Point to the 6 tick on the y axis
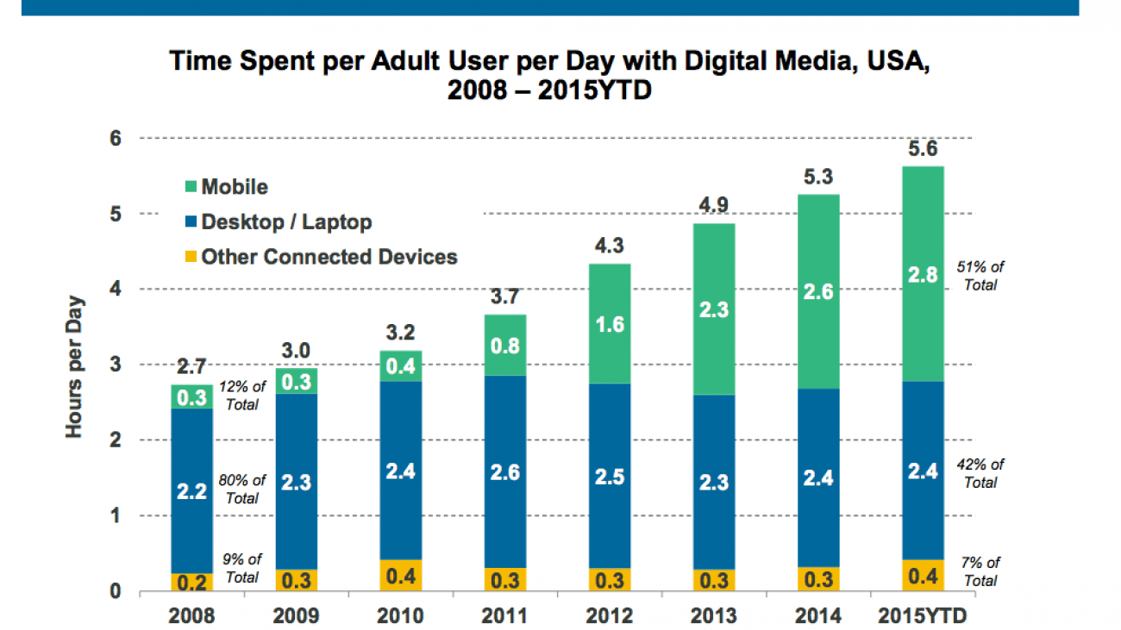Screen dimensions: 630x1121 pyautogui.click(x=116, y=139)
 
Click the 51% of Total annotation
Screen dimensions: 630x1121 pyautogui.click(x=981, y=275)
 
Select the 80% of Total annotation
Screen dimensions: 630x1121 pyautogui.click(x=242, y=489)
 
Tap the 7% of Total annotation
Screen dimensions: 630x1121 pyautogui.click(x=981, y=571)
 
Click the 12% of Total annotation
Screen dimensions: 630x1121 pyautogui.click(x=241, y=395)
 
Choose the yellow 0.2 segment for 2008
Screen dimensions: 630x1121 pyautogui.click(x=191, y=582)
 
